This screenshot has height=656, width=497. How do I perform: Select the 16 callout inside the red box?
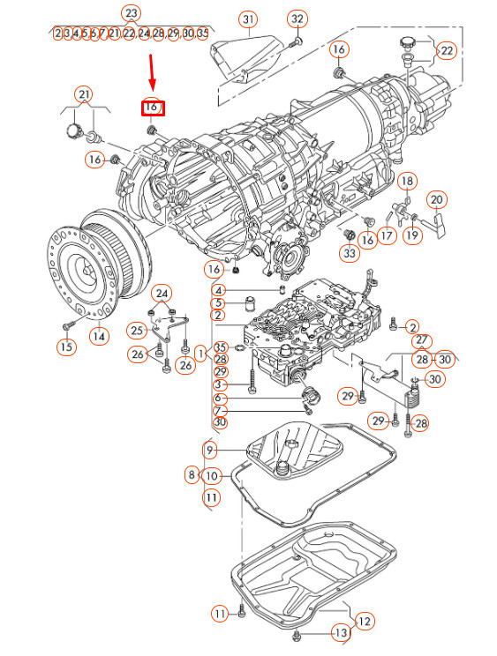click(x=152, y=108)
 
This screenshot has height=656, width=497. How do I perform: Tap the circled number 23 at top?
click(x=131, y=13)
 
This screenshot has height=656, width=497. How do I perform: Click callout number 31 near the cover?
click(x=248, y=19)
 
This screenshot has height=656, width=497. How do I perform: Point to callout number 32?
click(x=297, y=19)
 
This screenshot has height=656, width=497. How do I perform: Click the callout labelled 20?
click(x=437, y=200)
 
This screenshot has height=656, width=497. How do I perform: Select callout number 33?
click(x=349, y=254)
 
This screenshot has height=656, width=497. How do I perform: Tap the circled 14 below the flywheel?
click(x=100, y=335)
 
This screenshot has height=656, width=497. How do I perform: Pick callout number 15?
click(x=65, y=347)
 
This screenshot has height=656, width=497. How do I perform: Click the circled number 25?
click(x=136, y=330)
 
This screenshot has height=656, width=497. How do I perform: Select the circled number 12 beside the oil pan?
click(x=364, y=622)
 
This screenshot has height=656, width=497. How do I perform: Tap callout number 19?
click(x=412, y=236)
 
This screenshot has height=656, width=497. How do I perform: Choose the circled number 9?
click(x=210, y=451)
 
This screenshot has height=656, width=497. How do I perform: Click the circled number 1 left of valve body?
click(x=201, y=354)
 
